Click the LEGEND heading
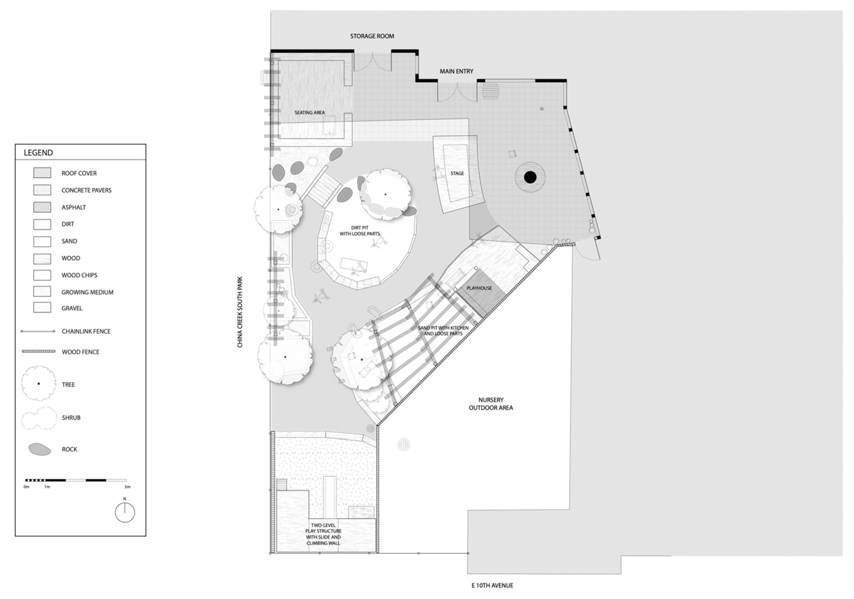(38, 152)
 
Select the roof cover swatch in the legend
(42, 173)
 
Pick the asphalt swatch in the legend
(42, 207)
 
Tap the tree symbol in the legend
(39, 383)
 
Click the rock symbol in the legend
(40, 449)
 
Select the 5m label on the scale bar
(128, 487)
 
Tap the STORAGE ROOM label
(372, 36)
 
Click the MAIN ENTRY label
(456, 71)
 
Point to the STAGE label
(457, 173)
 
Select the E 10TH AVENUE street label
(492, 585)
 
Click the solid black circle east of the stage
(530, 177)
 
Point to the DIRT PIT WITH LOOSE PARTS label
(360, 231)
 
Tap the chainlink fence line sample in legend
(38, 331)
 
